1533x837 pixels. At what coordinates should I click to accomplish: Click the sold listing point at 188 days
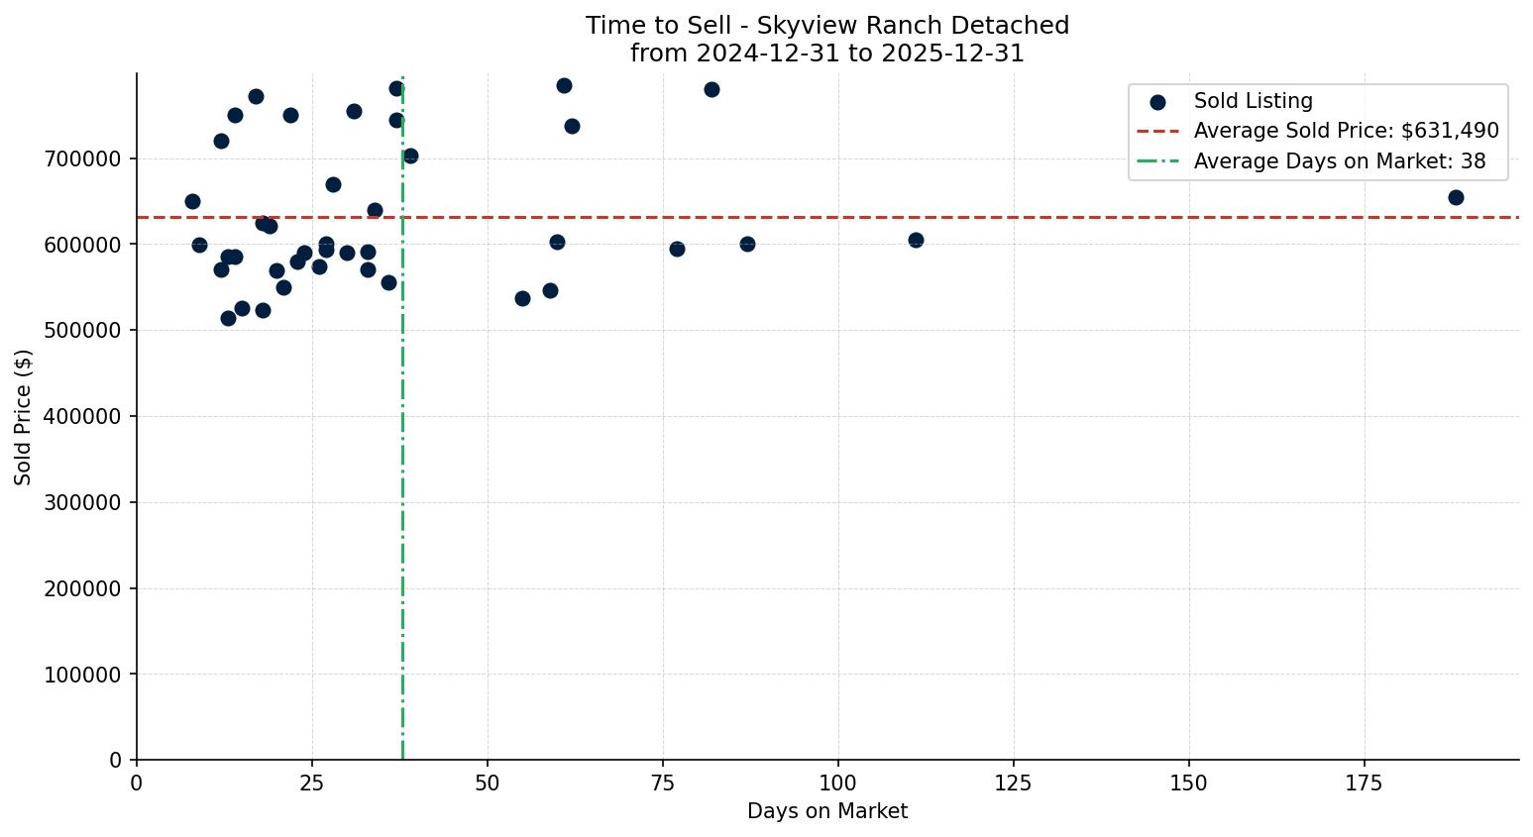pos(1456,197)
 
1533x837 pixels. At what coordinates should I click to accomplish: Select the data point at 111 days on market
pos(916,240)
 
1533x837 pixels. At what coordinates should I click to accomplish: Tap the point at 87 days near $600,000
pos(747,244)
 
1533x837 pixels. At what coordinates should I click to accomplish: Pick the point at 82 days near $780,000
pos(712,89)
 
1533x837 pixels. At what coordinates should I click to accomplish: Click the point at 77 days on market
pos(677,249)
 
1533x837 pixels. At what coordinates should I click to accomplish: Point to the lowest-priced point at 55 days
pos(522,298)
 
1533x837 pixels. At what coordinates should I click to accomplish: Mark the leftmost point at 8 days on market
pos(192,201)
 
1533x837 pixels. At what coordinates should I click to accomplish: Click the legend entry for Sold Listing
pos(1253,101)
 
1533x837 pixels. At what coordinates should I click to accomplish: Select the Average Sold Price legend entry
pos(1346,131)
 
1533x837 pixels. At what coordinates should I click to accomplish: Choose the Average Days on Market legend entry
pos(1339,161)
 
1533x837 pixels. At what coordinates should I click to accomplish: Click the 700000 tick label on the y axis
pos(83,158)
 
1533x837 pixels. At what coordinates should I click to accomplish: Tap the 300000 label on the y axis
pos(83,502)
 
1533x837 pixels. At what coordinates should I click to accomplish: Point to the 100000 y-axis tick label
pos(83,675)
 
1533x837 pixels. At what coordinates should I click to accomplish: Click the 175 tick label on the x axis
pos(1364,784)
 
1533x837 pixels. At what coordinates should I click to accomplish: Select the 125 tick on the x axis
pos(1013,784)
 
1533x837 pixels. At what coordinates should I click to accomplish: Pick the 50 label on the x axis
pos(487,784)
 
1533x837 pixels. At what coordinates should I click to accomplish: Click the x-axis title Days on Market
pos(826,811)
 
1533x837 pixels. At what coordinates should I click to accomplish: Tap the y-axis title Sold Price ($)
pos(24,417)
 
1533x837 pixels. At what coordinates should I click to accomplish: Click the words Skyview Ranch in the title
pos(827,26)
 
